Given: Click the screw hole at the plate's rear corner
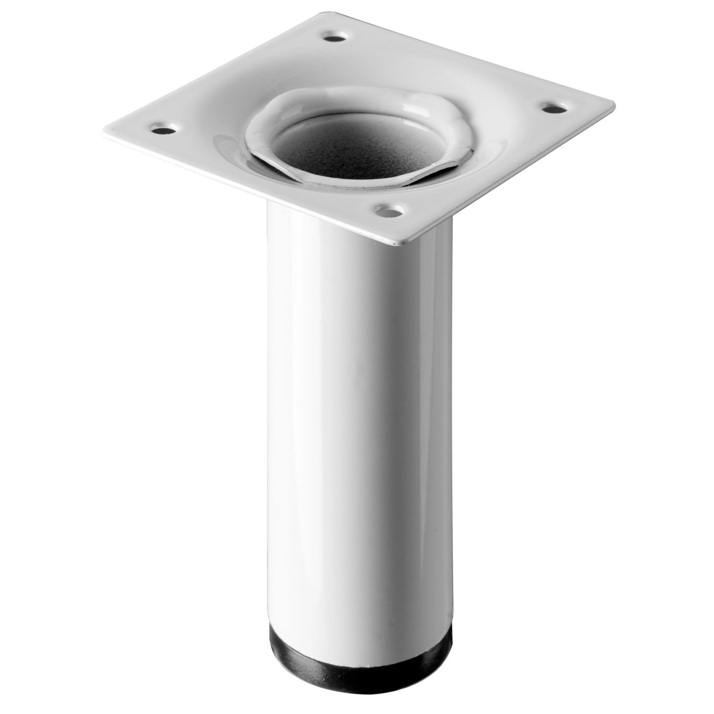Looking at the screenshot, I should point(338,37).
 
